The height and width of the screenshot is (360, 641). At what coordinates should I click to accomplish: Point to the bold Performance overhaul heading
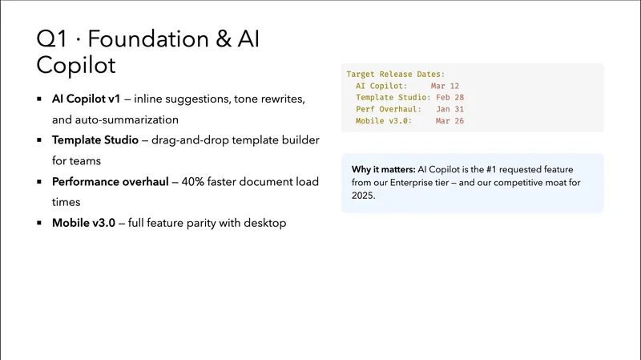point(110,182)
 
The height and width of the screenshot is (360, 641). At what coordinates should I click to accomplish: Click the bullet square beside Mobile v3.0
point(39,224)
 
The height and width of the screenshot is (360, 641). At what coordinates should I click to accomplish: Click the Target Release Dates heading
point(396,74)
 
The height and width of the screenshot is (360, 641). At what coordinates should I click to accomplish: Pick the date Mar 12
point(445,86)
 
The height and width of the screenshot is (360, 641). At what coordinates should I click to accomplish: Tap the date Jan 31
point(450,109)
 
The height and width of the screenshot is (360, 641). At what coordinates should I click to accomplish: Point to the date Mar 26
point(450,121)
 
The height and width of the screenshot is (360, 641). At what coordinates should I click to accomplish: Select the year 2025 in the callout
point(364,196)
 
